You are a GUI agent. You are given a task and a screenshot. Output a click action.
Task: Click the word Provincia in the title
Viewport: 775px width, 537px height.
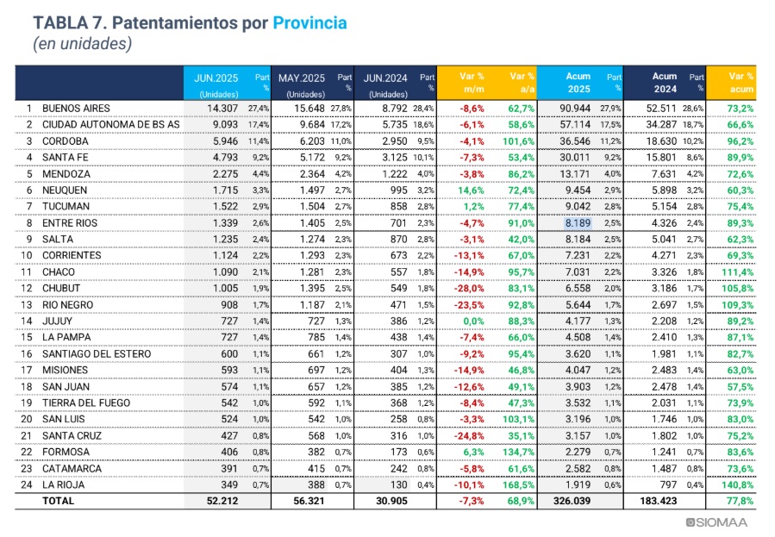point(309,23)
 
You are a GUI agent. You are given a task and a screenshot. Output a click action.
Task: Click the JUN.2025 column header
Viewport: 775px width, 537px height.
point(216,78)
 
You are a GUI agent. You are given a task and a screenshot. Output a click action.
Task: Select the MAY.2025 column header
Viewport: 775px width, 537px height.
point(302,78)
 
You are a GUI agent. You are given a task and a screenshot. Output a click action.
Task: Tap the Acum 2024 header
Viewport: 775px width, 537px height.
point(665,83)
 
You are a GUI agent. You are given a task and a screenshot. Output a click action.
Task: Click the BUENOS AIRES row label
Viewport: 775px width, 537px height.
point(76,109)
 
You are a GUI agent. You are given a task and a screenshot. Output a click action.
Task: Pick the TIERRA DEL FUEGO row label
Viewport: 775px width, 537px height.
point(86,403)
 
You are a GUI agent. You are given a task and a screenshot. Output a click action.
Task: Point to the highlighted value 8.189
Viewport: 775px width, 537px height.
point(578,222)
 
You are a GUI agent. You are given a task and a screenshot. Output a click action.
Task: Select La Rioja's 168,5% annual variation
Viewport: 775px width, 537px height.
point(518,484)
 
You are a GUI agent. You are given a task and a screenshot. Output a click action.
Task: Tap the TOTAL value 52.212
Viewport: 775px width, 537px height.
point(222,501)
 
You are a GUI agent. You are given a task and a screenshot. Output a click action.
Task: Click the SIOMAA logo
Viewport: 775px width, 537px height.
point(716,522)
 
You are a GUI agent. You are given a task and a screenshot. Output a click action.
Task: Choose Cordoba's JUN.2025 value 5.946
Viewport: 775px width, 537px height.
point(225,141)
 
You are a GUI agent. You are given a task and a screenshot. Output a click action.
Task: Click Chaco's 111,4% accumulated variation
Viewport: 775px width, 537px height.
point(737,272)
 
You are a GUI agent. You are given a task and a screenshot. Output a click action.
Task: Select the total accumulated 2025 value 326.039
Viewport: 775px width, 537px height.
point(572,501)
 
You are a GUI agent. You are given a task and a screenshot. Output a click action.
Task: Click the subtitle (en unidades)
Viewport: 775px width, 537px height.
point(83,44)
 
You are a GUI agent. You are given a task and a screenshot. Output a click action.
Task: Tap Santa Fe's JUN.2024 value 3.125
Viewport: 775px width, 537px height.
point(395,158)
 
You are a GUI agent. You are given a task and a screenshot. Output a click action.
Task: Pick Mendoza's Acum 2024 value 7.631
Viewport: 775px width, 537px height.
point(665,174)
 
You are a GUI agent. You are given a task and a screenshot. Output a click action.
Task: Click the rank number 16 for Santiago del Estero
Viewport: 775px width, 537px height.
point(26,353)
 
